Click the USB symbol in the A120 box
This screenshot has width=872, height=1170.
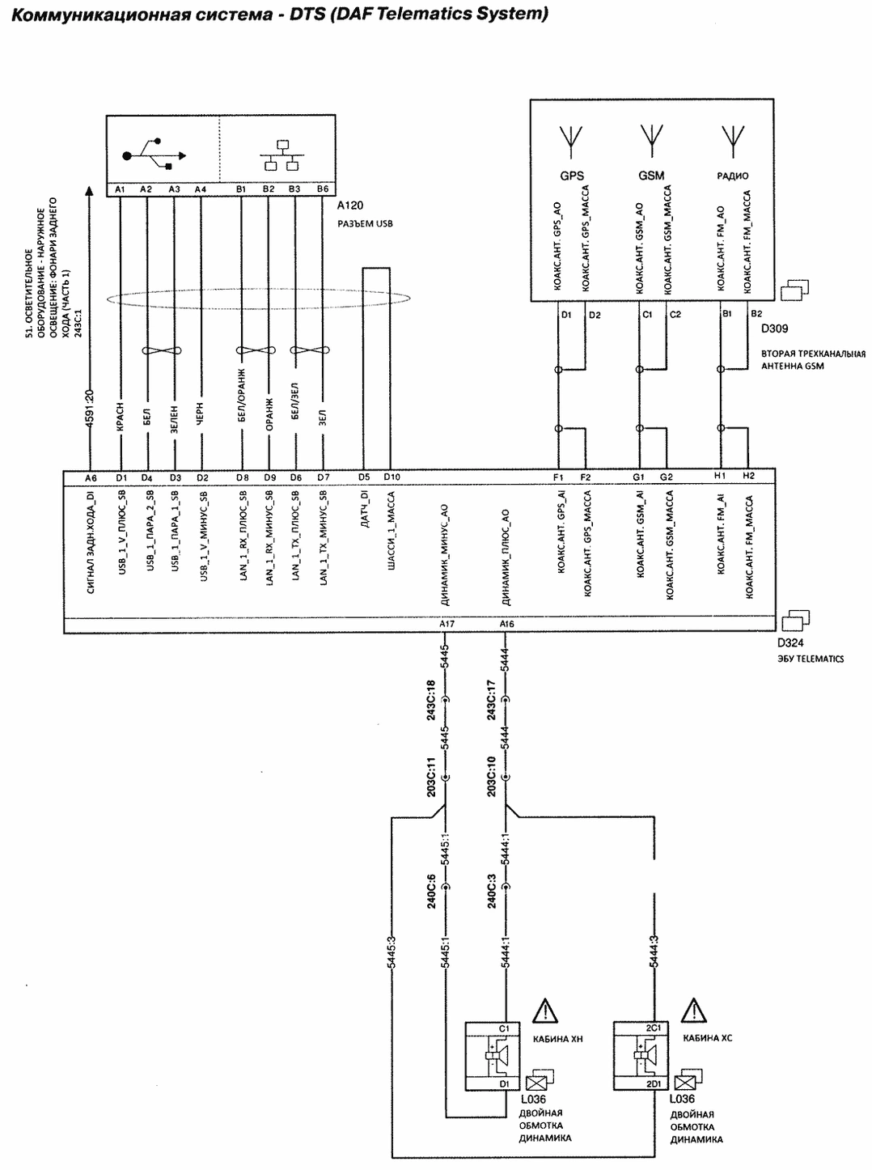point(154,155)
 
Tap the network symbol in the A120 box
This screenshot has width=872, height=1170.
point(282,155)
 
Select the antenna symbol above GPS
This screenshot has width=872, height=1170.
point(571,142)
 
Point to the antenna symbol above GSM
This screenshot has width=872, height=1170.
point(651,142)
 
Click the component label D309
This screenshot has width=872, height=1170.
point(774,329)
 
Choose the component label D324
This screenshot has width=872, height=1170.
point(790,642)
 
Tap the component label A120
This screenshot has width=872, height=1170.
point(350,206)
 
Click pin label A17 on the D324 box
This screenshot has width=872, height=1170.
point(447,624)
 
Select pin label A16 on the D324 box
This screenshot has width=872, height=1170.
point(506,624)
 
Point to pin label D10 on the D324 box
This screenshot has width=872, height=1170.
point(392,477)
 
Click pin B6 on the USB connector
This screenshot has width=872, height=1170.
point(323,189)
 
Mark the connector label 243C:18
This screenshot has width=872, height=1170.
point(431,700)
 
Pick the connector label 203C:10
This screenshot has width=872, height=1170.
point(491,777)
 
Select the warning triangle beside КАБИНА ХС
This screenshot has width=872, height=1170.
point(693,1011)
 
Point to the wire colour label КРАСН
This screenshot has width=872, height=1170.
point(121,417)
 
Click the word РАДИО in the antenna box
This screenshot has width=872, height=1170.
point(732,176)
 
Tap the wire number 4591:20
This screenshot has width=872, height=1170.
point(90,409)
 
